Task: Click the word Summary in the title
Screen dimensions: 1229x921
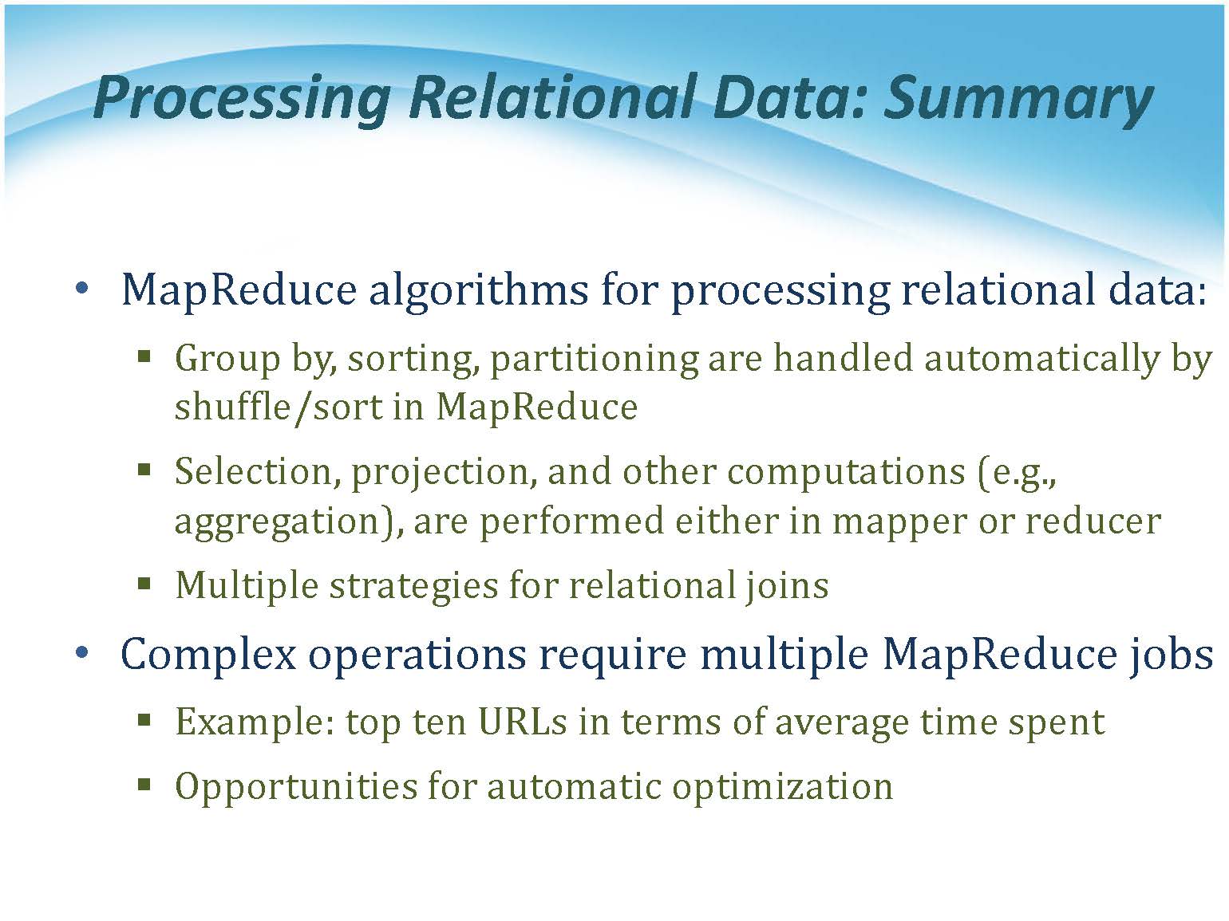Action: pos(1018,100)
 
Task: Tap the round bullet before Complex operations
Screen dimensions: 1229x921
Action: pos(82,653)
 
